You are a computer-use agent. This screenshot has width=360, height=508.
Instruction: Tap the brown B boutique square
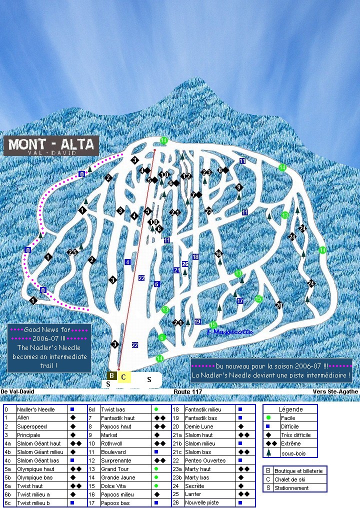112,376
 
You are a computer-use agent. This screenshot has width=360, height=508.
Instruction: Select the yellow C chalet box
123,377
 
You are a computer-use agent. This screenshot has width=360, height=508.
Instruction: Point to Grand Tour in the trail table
115,469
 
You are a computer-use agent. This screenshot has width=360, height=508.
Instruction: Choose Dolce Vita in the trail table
115,486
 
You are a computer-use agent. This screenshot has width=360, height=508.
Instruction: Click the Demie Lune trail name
199,426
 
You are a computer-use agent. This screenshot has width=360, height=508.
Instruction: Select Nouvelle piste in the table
202,503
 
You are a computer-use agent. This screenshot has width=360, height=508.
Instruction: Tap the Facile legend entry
288,418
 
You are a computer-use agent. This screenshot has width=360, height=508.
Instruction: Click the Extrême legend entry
290,443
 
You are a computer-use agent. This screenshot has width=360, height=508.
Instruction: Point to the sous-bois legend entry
292,453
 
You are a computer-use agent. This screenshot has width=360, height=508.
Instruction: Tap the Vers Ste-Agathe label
335,392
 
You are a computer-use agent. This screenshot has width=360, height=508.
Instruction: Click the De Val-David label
17,392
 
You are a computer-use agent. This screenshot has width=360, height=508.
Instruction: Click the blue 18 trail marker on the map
195,256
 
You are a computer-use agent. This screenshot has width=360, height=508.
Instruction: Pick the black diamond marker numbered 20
279,305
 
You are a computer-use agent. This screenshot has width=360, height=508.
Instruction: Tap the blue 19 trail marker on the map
198,321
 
